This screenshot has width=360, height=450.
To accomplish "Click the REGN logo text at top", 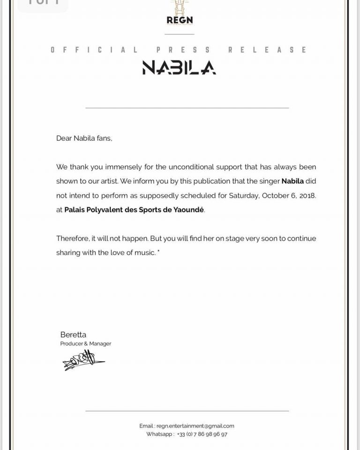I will (x=180, y=20).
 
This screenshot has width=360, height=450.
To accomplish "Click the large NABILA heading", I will (x=179, y=68).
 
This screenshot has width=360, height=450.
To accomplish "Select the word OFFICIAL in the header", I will (x=94, y=50).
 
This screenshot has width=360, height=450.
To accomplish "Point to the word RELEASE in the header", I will (x=267, y=50).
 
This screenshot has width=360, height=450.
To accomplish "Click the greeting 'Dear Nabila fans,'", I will (x=84, y=138).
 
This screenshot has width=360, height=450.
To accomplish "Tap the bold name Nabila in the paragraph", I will (x=292, y=181).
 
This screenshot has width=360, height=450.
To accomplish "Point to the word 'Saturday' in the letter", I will (x=243, y=196).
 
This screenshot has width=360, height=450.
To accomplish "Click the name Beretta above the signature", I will (x=73, y=335).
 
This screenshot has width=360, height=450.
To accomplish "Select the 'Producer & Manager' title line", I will (x=86, y=343).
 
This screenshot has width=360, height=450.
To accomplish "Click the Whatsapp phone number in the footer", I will (x=202, y=435).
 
